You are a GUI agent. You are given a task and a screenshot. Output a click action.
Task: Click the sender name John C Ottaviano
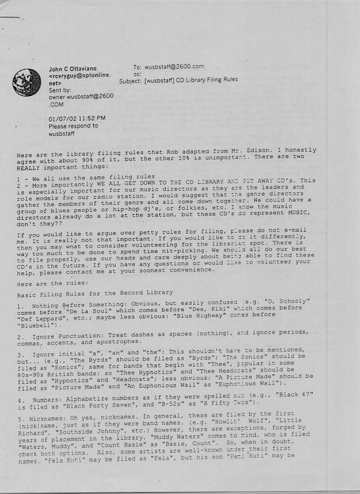point(72,69)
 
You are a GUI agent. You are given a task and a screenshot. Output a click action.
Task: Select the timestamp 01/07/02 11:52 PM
point(77,118)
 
